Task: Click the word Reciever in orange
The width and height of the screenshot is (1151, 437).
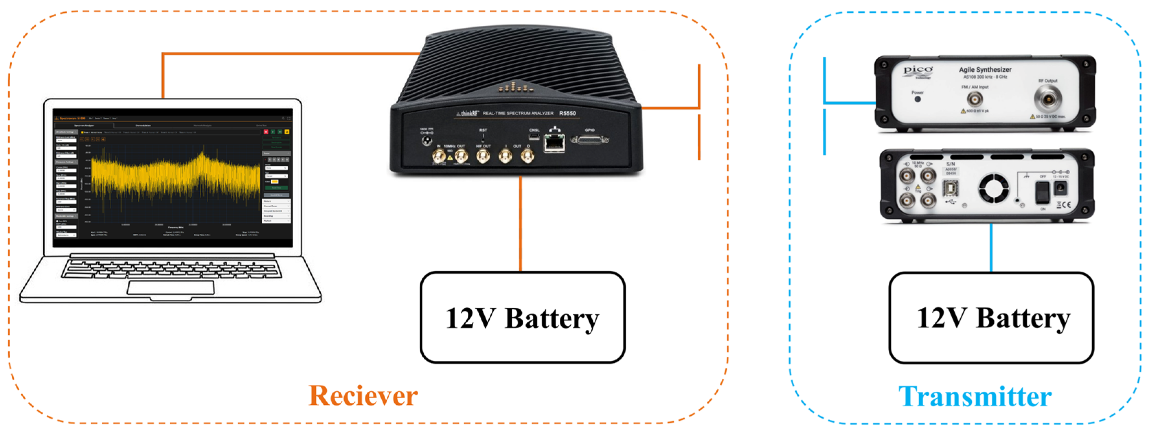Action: (x=363, y=396)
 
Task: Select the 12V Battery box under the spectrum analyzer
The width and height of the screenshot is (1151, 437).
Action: (x=522, y=318)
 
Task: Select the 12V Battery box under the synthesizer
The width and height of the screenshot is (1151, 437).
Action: (x=991, y=318)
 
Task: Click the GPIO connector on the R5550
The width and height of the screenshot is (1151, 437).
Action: (x=590, y=140)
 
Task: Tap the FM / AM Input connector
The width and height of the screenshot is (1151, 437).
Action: (x=975, y=99)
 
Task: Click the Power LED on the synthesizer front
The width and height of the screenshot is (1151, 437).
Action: (x=917, y=99)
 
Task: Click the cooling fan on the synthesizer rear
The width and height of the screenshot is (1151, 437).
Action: (x=994, y=188)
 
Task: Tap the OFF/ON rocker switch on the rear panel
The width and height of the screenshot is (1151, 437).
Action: (x=1042, y=193)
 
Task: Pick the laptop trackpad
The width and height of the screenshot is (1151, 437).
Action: (x=171, y=287)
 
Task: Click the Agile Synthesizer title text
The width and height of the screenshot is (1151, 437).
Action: (x=985, y=70)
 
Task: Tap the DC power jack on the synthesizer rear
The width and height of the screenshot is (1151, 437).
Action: (x=1061, y=188)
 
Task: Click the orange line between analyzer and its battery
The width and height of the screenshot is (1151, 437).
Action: (x=521, y=223)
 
